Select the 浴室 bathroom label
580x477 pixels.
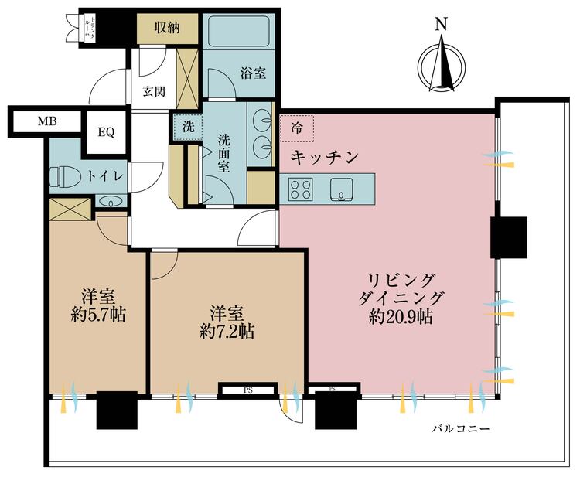coord(253,73)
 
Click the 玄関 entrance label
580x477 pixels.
coord(153,91)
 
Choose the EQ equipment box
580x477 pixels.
coord(106,131)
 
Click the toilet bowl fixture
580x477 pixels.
coord(63,177)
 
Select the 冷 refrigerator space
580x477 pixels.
coord(298,128)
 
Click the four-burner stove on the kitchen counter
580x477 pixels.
coord(300,188)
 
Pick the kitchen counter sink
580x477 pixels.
coord(341,188)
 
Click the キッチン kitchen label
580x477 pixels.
coord(325,158)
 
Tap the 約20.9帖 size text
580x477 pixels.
coord(400,316)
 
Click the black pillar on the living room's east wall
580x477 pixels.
coord(509,237)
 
